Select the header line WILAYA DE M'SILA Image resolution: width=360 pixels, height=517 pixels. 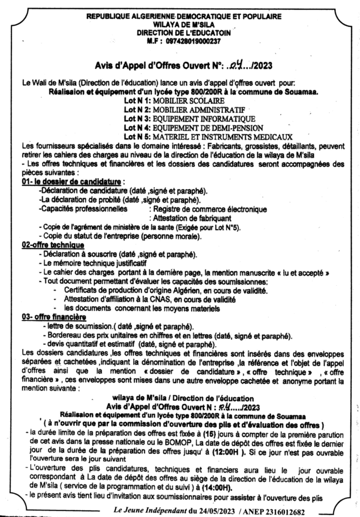pyautogui.click(x=183, y=24)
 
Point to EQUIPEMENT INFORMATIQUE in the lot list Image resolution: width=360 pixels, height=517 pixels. pyautogui.click(x=194, y=118)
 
